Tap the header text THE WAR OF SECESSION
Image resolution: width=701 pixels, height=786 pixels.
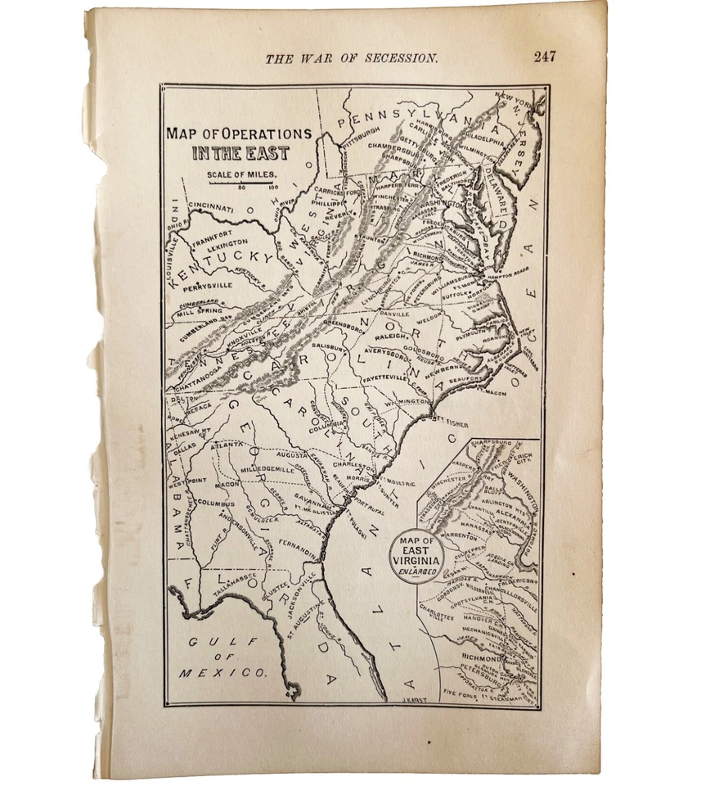click(x=352, y=58)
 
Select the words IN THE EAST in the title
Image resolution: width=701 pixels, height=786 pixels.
click(x=240, y=153)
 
